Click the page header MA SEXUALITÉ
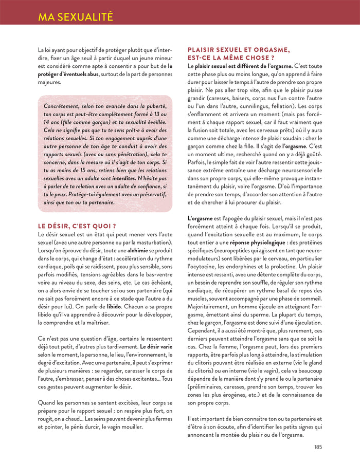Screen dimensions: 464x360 [75, 17]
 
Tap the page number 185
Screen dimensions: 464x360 [318, 447]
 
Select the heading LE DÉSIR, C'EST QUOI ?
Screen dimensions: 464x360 [77, 226]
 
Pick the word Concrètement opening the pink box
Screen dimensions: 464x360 [64, 106]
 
